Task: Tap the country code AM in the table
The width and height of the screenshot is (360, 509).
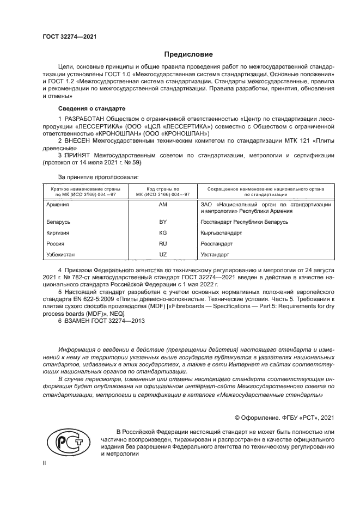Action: tap(163, 205)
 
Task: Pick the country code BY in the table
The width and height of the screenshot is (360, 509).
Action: tap(163, 222)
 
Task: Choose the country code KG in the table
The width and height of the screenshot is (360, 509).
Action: tap(163, 233)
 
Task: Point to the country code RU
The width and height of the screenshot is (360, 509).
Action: tap(163, 243)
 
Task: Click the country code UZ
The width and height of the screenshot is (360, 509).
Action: tap(163, 254)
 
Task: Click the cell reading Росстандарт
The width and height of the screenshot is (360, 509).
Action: tap(217, 243)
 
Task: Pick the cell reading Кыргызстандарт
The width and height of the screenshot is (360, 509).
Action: tap(221, 233)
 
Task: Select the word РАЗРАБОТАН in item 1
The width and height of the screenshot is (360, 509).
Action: tap(88, 119)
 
